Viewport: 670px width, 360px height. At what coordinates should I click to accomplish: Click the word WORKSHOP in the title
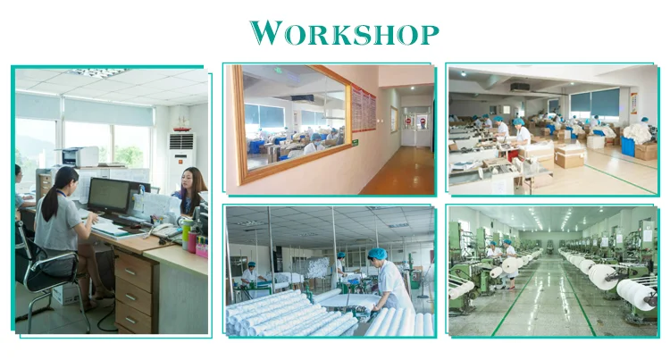[345, 33]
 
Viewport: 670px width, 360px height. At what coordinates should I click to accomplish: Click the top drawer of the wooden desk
[133, 271]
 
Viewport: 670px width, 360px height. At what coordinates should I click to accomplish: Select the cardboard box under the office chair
[65, 294]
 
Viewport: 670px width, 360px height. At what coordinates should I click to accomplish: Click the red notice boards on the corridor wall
[364, 109]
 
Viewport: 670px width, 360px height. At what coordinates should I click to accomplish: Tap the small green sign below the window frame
[355, 142]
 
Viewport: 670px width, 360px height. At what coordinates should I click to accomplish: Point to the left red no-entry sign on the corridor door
[407, 121]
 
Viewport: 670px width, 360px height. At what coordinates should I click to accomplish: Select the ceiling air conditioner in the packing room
[521, 88]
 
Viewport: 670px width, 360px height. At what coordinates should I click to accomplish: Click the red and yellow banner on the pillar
[634, 103]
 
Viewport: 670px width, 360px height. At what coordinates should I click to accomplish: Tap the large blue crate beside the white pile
[628, 146]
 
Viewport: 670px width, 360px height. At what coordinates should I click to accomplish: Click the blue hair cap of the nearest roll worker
[377, 254]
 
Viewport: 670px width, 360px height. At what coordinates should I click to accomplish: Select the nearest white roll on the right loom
[636, 293]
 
